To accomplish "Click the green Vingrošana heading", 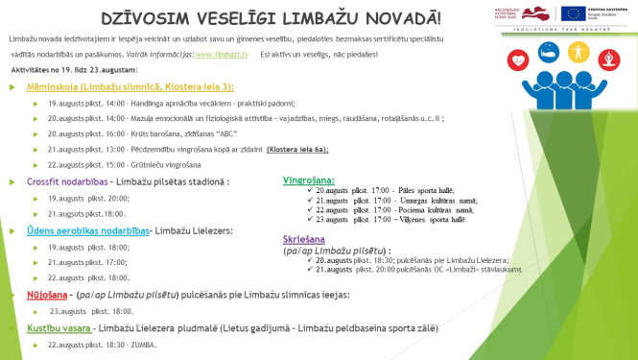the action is coord(309,180).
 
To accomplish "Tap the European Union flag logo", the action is coord(576,12).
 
